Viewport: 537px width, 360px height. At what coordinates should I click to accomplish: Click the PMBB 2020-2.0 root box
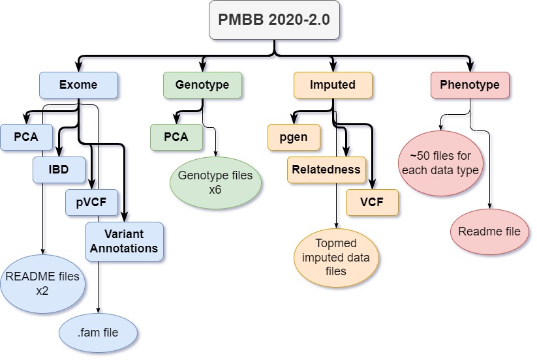pyautogui.click(x=273, y=20)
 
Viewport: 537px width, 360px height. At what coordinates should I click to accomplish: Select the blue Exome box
pyautogui.click(x=78, y=85)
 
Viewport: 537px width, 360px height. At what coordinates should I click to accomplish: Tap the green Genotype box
pyautogui.click(x=202, y=85)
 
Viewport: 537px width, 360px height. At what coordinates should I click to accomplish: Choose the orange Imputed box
pyautogui.click(x=333, y=85)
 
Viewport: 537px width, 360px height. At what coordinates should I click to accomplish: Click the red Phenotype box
pyautogui.click(x=470, y=85)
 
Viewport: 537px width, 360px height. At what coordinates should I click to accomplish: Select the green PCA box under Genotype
pyautogui.click(x=176, y=137)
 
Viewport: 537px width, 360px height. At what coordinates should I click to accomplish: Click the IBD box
pyautogui.click(x=59, y=170)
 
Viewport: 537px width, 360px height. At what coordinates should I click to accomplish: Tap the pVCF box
pyautogui.click(x=92, y=202)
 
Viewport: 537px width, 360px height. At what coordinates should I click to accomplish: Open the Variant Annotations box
pyautogui.click(x=124, y=241)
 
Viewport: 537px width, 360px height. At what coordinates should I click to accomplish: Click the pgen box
pyautogui.click(x=294, y=137)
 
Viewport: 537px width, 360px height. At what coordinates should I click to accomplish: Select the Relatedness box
pyautogui.click(x=326, y=170)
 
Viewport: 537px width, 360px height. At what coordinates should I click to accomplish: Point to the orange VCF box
pyautogui.click(x=372, y=202)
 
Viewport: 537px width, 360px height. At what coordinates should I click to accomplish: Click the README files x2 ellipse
pyautogui.click(x=42, y=283)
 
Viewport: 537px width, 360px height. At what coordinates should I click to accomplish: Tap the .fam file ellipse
pyautogui.click(x=98, y=333)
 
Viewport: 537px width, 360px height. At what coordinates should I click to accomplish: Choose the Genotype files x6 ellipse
pyautogui.click(x=215, y=182)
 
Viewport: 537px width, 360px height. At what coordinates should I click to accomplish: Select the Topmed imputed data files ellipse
pyautogui.click(x=336, y=258)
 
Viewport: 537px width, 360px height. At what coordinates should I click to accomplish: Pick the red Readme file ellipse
pyautogui.click(x=489, y=232)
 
